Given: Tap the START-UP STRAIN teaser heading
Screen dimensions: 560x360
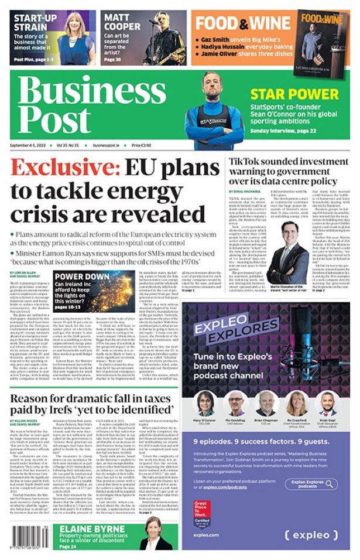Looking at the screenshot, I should [32, 22].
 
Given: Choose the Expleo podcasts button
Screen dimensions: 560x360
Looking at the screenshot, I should [314, 484].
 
